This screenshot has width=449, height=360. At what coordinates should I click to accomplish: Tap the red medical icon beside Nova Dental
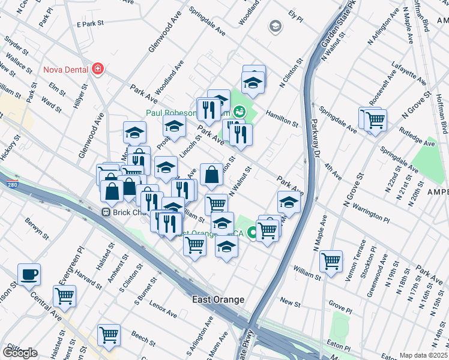point(97,69)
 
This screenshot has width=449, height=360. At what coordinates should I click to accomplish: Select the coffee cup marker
point(29,275)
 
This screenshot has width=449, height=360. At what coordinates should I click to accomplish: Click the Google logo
point(19,352)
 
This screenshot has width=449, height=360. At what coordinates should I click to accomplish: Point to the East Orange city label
point(218,299)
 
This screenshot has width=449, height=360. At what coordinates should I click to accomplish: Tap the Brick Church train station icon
point(105,212)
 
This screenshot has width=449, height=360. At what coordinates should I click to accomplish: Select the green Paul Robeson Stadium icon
point(240,111)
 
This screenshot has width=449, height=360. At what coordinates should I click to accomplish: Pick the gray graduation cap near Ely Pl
point(275,26)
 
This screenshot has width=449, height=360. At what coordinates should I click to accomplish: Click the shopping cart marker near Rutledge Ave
point(375,119)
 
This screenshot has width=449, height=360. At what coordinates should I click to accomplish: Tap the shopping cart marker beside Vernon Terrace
point(331,261)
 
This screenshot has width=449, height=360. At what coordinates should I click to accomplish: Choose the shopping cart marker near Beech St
point(109,335)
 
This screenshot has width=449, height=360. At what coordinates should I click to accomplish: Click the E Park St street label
point(91,24)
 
